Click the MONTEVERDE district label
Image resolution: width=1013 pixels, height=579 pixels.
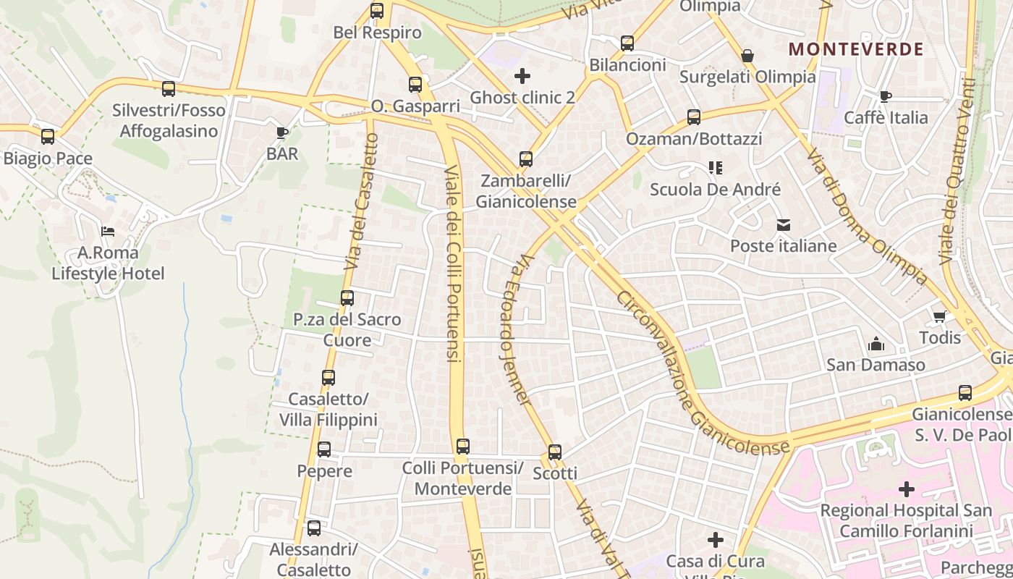click(x=855, y=49)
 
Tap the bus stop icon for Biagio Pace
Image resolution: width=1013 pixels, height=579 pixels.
click(x=48, y=136)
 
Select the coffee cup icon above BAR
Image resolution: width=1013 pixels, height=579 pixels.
click(x=282, y=132)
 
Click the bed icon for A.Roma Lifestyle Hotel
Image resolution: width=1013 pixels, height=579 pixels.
click(x=108, y=232)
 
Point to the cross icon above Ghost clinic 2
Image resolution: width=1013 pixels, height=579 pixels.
click(x=522, y=75)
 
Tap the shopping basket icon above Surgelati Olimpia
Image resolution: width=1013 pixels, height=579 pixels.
click(x=747, y=56)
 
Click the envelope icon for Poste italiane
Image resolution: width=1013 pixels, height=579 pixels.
click(x=784, y=225)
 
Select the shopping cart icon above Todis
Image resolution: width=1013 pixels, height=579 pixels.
click(x=940, y=316)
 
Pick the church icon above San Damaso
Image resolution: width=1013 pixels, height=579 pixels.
click(x=876, y=343)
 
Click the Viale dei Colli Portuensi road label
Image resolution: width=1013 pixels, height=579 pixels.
click(x=453, y=264)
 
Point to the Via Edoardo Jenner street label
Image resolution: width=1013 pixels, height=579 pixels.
click(x=515, y=329)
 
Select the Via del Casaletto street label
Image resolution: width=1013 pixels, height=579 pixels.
click(x=362, y=203)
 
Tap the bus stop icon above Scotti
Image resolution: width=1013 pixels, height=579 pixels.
click(x=554, y=452)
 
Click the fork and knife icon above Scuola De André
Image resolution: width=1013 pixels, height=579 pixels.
click(x=716, y=169)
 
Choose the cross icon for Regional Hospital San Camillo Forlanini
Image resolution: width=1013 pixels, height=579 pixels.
click(x=906, y=489)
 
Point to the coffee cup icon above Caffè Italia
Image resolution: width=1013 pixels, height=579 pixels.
click(x=886, y=96)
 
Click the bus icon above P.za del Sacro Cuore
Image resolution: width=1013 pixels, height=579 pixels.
click(x=347, y=298)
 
